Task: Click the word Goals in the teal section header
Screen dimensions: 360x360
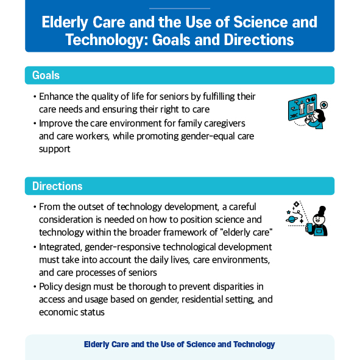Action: click(46, 76)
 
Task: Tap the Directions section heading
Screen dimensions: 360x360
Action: click(57, 186)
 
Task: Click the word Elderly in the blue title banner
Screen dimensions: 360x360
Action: click(65, 23)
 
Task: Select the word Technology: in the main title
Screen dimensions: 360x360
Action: click(107, 40)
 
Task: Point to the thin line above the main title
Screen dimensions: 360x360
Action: click(180, 9)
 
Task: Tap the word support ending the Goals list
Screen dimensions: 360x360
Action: click(55, 149)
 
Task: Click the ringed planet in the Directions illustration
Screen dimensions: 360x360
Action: click(292, 219)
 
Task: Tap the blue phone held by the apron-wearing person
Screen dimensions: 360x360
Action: click(309, 228)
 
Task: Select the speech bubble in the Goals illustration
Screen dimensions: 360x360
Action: click(324, 105)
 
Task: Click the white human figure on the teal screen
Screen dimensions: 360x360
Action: click(302, 108)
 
